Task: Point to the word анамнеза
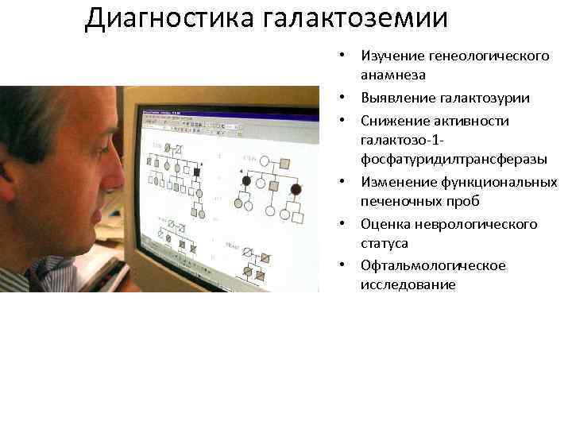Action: [393, 75]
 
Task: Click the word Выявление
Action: [396, 98]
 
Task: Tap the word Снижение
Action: [395, 121]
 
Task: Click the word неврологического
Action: [477, 224]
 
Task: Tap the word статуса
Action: [385, 242]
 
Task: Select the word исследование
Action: [408, 284]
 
